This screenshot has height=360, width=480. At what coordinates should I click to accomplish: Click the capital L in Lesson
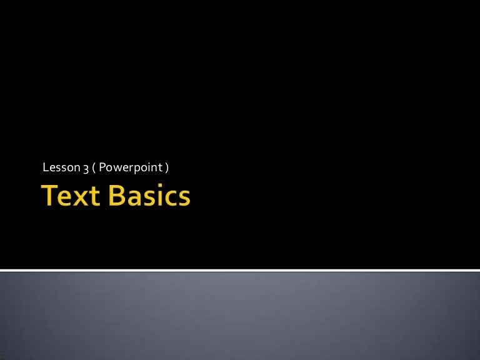[44, 167]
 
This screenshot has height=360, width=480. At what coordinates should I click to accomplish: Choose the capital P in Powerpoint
[102, 167]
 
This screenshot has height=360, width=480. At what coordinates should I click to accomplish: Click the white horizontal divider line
[240, 270]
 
